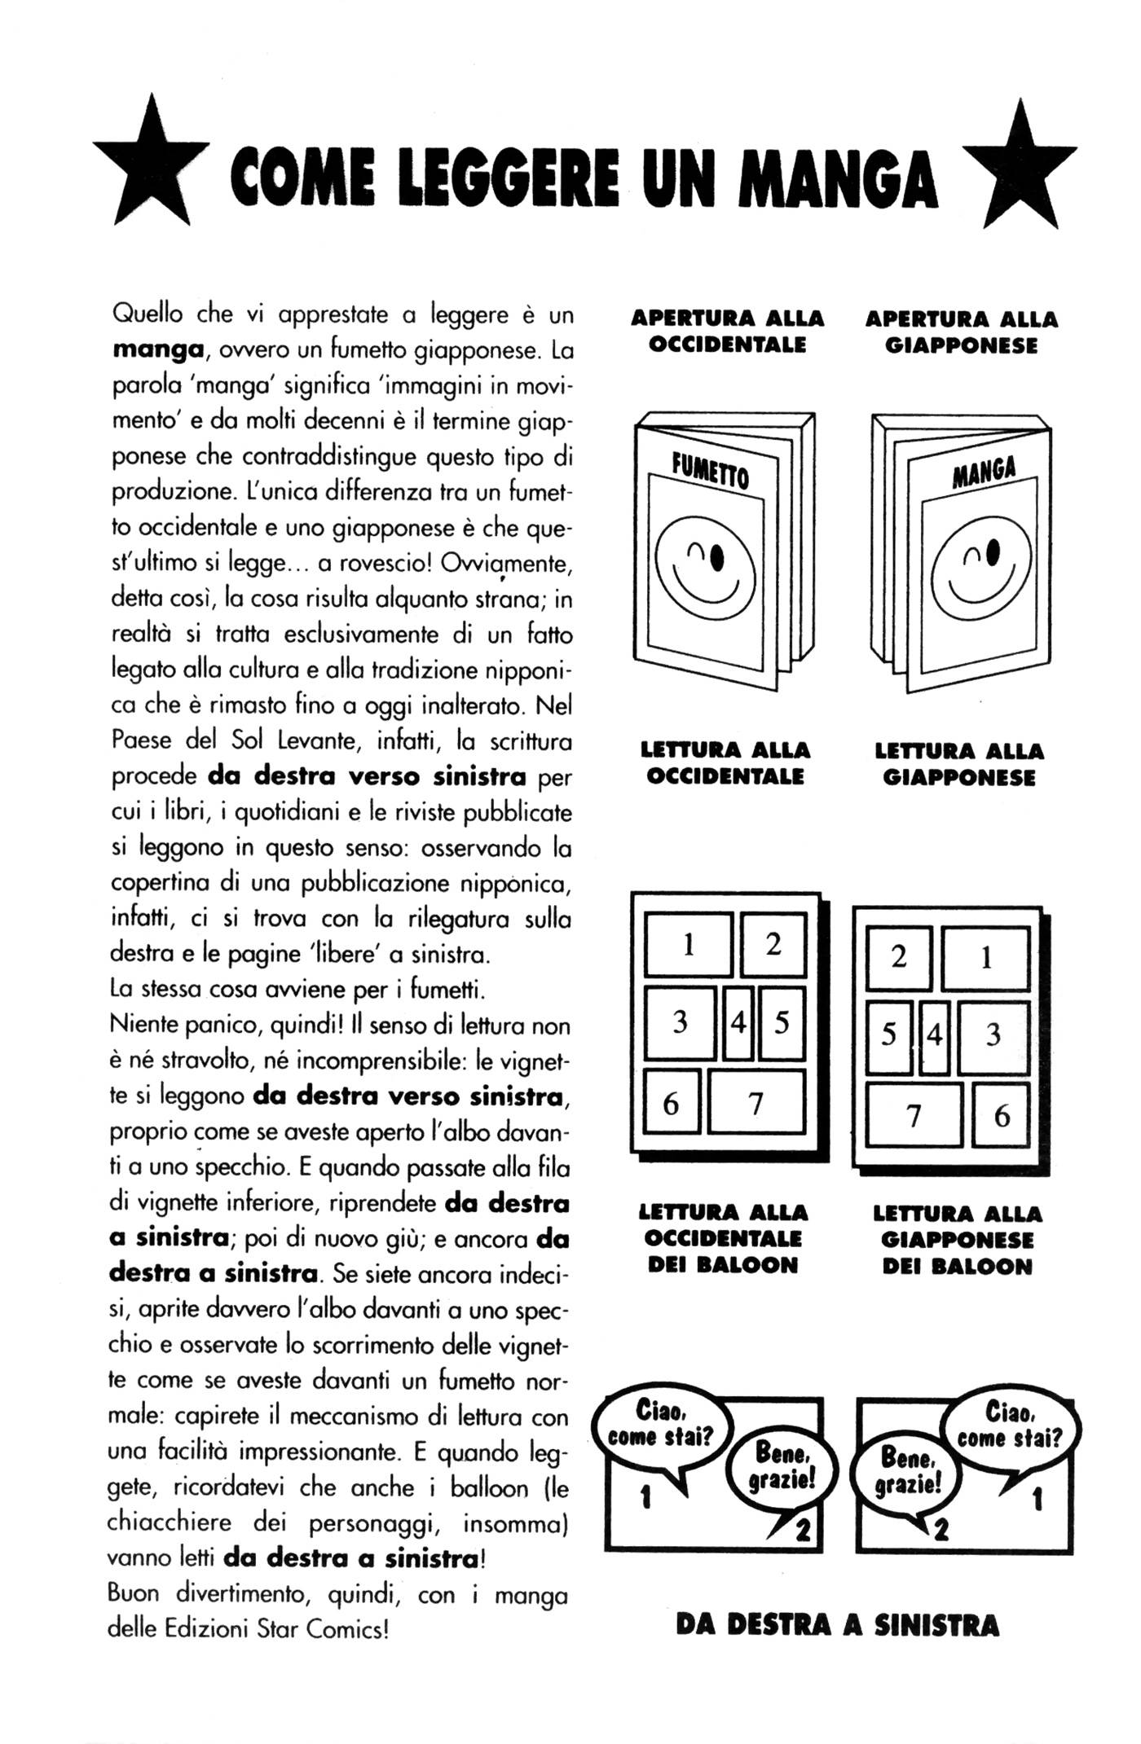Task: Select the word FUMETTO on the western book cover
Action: [710, 470]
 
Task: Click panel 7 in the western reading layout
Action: [756, 1102]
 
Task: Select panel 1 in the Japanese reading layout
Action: [985, 958]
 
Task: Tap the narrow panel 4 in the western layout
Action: [738, 1021]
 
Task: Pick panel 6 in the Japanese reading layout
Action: [1001, 1114]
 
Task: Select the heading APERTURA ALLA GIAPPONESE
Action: [962, 332]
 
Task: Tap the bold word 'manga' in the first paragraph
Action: [157, 349]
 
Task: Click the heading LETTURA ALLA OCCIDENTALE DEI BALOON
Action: [723, 1238]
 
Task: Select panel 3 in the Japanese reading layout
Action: [993, 1035]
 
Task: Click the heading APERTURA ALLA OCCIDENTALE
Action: [728, 331]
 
